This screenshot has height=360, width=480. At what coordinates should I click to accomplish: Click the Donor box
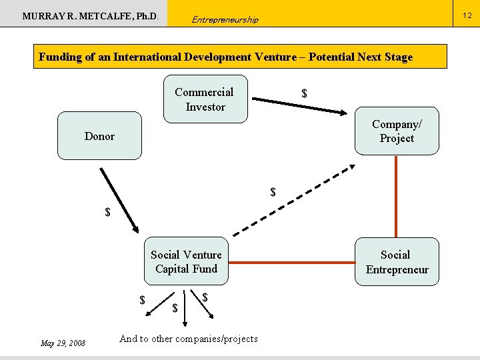coord(99,136)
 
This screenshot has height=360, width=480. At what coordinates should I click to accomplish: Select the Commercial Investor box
coord(205,99)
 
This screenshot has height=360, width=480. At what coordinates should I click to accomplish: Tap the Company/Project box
coord(397,131)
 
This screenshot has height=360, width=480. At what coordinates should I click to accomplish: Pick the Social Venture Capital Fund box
coord(186,261)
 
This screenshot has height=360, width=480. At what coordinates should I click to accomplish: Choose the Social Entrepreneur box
coord(397,261)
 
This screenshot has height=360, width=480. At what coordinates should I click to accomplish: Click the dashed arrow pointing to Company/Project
coord(293,199)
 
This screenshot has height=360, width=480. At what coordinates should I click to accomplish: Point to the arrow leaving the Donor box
coord(119,199)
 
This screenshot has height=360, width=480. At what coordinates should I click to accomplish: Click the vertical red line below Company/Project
coord(397,196)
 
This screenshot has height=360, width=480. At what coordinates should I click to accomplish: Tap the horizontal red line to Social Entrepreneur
coord(291,262)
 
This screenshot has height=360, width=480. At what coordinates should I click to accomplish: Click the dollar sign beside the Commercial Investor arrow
coord(305,94)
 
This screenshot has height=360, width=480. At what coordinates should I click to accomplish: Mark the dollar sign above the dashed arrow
coord(273,193)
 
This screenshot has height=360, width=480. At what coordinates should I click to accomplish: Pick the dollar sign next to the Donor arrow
coord(107,213)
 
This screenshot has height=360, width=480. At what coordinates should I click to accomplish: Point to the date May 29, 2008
coord(63,343)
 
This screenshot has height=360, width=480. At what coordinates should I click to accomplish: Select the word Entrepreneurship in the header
coord(225,19)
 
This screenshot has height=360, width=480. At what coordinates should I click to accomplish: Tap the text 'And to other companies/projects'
coord(188,339)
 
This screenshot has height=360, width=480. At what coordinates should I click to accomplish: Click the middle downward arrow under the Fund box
coord(182,301)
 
